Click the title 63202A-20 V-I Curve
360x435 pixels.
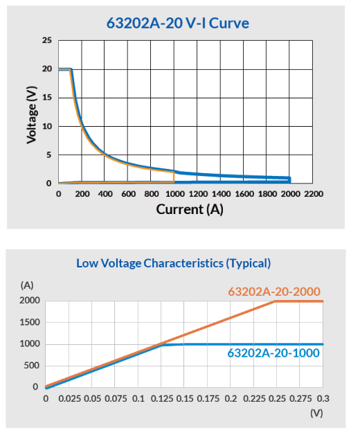[x=178, y=23]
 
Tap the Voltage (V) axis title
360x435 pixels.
[x=31, y=114]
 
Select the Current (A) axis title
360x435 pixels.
[x=190, y=209]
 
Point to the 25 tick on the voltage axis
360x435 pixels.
[x=47, y=40]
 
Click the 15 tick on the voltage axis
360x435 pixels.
[x=47, y=98]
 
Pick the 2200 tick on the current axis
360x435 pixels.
[x=314, y=194]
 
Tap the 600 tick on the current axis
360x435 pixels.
[x=128, y=194]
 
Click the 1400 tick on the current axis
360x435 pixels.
[x=221, y=194]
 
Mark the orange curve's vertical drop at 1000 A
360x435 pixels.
[x=174, y=177]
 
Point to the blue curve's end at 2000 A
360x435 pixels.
[x=290, y=179]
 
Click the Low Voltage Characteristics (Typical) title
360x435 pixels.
[x=174, y=263]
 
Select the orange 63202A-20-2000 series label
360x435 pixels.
[x=274, y=292]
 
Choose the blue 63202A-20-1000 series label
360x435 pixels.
[x=273, y=353]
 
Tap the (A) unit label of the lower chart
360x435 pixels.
[x=27, y=285]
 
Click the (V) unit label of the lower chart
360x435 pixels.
[x=316, y=413]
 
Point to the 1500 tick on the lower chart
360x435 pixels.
[x=30, y=322]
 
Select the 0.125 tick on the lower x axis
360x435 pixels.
[x=162, y=399]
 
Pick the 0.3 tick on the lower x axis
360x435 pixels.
[x=323, y=399]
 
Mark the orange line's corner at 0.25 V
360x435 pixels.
[x=276, y=301]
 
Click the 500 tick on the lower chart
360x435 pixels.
[x=32, y=366]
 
